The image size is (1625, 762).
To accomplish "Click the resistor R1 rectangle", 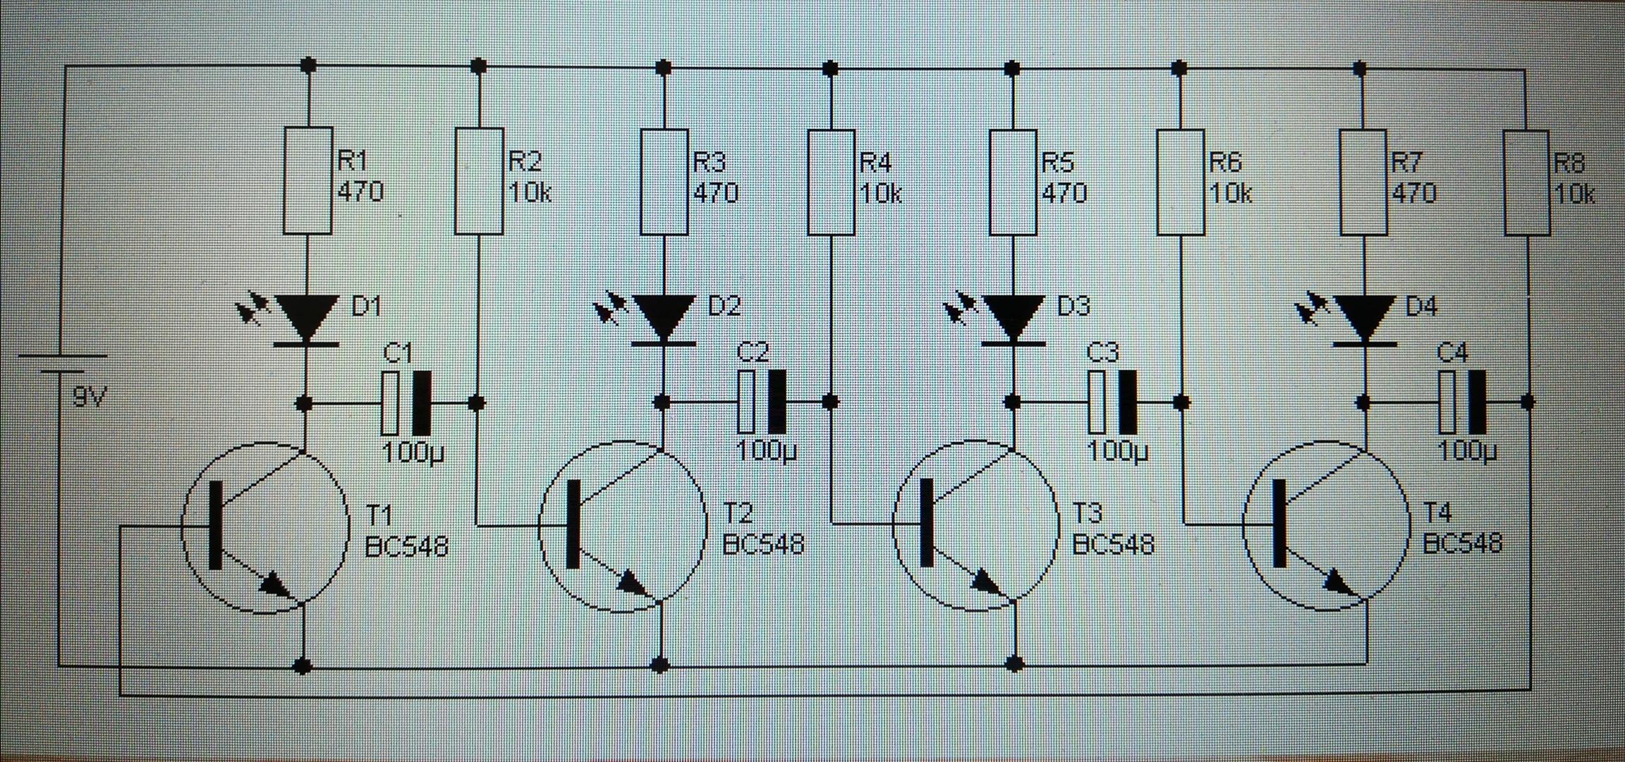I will (x=308, y=180).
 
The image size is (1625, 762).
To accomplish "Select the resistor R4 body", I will (x=831, y=182).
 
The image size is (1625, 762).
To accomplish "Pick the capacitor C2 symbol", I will (x=762, y=402).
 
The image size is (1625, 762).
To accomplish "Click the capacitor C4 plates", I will (x=1462, y=402).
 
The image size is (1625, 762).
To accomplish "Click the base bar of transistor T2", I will (x=573, y=523).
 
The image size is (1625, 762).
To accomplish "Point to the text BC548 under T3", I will (x=1112, y=545).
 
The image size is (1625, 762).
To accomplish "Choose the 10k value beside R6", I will (x=1230, y=193).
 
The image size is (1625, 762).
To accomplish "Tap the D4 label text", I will (x=1420, y=307).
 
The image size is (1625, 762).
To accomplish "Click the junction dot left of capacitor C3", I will (x=1012, y=402).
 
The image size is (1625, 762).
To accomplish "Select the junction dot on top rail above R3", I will (x=663, y=68).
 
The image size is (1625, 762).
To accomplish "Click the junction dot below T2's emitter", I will (x=661, y=664).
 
